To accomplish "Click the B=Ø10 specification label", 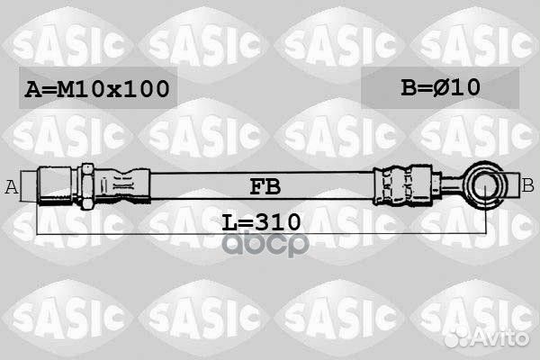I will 440,87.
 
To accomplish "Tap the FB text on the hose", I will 265,187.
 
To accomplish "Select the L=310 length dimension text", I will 260,220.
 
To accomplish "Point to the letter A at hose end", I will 12,187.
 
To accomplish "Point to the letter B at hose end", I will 527,185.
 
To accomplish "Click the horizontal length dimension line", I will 135,232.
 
